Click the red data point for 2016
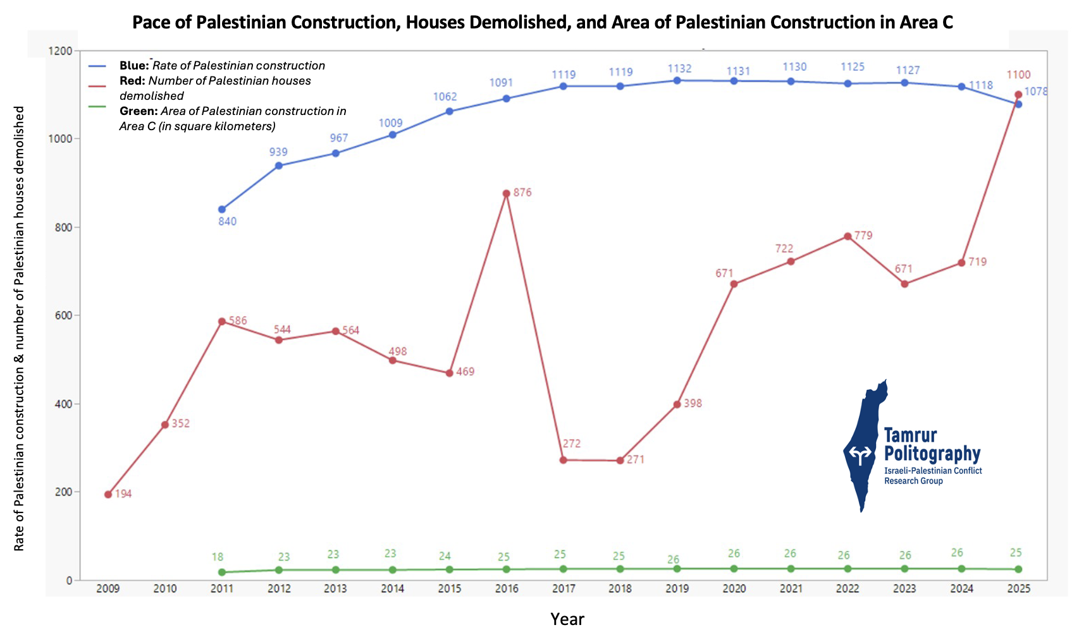(506, 193)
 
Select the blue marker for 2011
(221, 209)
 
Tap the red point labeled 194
(108, 494)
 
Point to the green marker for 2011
(221, 572)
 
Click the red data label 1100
(1018, 75)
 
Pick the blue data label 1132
(680, 68)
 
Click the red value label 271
(635, 459)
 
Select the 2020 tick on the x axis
(734, 589)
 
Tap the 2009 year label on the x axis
(108, 589)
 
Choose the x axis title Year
(567, 619)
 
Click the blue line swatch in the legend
(97, 65)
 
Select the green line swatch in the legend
(97, 107)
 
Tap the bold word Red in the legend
(132, 81)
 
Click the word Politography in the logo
(932, 453)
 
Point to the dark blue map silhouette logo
(864, 442)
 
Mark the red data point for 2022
(848, 236)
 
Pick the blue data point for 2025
(1018, 104)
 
